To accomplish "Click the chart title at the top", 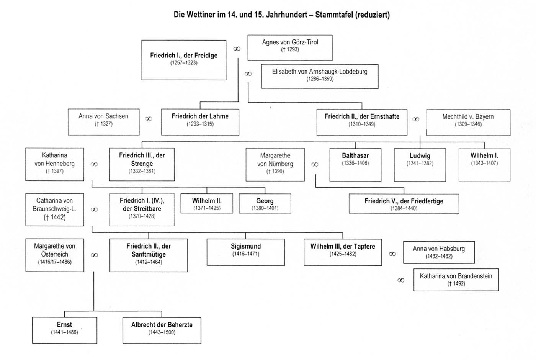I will click(281, 15).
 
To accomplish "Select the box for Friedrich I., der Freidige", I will click(184, 60).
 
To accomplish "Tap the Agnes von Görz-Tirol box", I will click(290, 47).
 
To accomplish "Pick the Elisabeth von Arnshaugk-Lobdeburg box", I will click(320, 77).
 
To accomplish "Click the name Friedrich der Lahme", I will click(200, 116).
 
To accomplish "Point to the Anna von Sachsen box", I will click(103, 122).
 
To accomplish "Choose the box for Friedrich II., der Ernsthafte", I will click(362, 122).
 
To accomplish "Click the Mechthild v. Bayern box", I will click(468, 122).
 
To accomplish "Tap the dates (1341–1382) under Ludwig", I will click(420, 164).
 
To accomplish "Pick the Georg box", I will click(265, 203).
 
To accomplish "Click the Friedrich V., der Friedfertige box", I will click(404, 203).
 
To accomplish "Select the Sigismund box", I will click(245, 252).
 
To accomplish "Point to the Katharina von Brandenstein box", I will click(456, 280).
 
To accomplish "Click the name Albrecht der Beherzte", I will click(162, 325).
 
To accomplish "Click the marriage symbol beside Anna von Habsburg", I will click(392, 254).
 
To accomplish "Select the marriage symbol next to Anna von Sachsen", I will click(149, 119).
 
